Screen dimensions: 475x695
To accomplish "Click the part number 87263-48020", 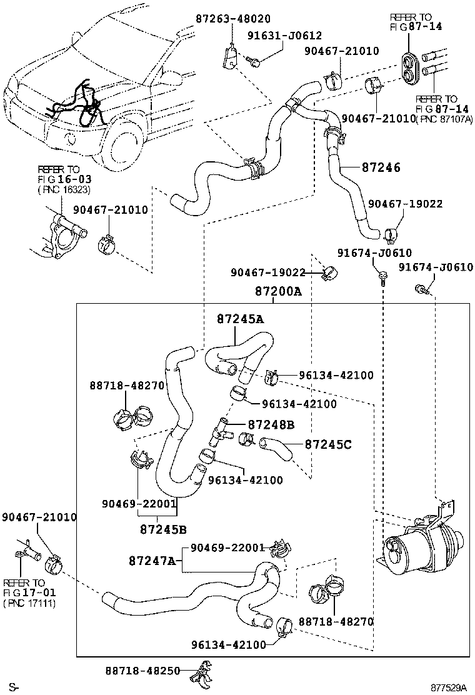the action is [x=232, y=19].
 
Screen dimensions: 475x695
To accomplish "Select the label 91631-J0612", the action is [x=284, y=36].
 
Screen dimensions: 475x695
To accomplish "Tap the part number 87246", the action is [x=381, y=167].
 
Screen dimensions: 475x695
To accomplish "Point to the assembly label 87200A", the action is [x=278, y=291].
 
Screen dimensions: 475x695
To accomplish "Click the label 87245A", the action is [x=240, y=319].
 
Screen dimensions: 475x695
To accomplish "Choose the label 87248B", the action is [x=271, y=424].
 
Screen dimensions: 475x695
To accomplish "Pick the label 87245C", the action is [x=328, y=444].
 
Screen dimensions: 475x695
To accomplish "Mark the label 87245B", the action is [x=163, y=529].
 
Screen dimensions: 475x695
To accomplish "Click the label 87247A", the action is [x=152, y=561].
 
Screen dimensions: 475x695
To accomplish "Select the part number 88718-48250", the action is [x=142, y=671].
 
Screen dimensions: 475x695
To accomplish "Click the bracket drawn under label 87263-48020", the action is [x=229, y=58].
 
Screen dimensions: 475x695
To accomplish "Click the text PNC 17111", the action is [x=30, y=603].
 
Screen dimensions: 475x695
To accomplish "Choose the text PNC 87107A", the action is [x=444, y=119].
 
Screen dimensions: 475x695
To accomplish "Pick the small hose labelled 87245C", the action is [x=276, y=448].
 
